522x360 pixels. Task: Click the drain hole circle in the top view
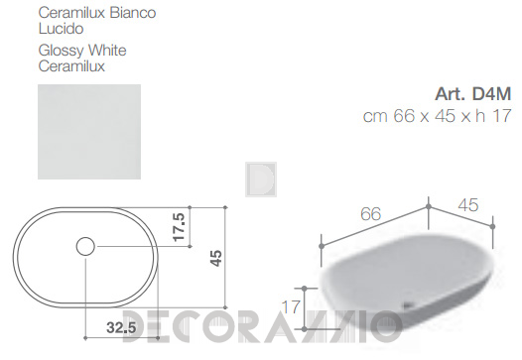point(85,246)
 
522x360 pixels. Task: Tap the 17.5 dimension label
point(179,227)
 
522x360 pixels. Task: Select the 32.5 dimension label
point(121,327)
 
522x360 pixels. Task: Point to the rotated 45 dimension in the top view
point(216,258)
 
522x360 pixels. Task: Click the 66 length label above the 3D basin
point(370,214)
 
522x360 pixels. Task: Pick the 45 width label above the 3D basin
point(468,205)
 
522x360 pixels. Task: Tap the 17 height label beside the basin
point(291,307)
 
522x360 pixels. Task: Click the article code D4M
point(491,94)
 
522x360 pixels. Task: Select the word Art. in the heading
point(451,94)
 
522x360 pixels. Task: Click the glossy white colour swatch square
point(89,132)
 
